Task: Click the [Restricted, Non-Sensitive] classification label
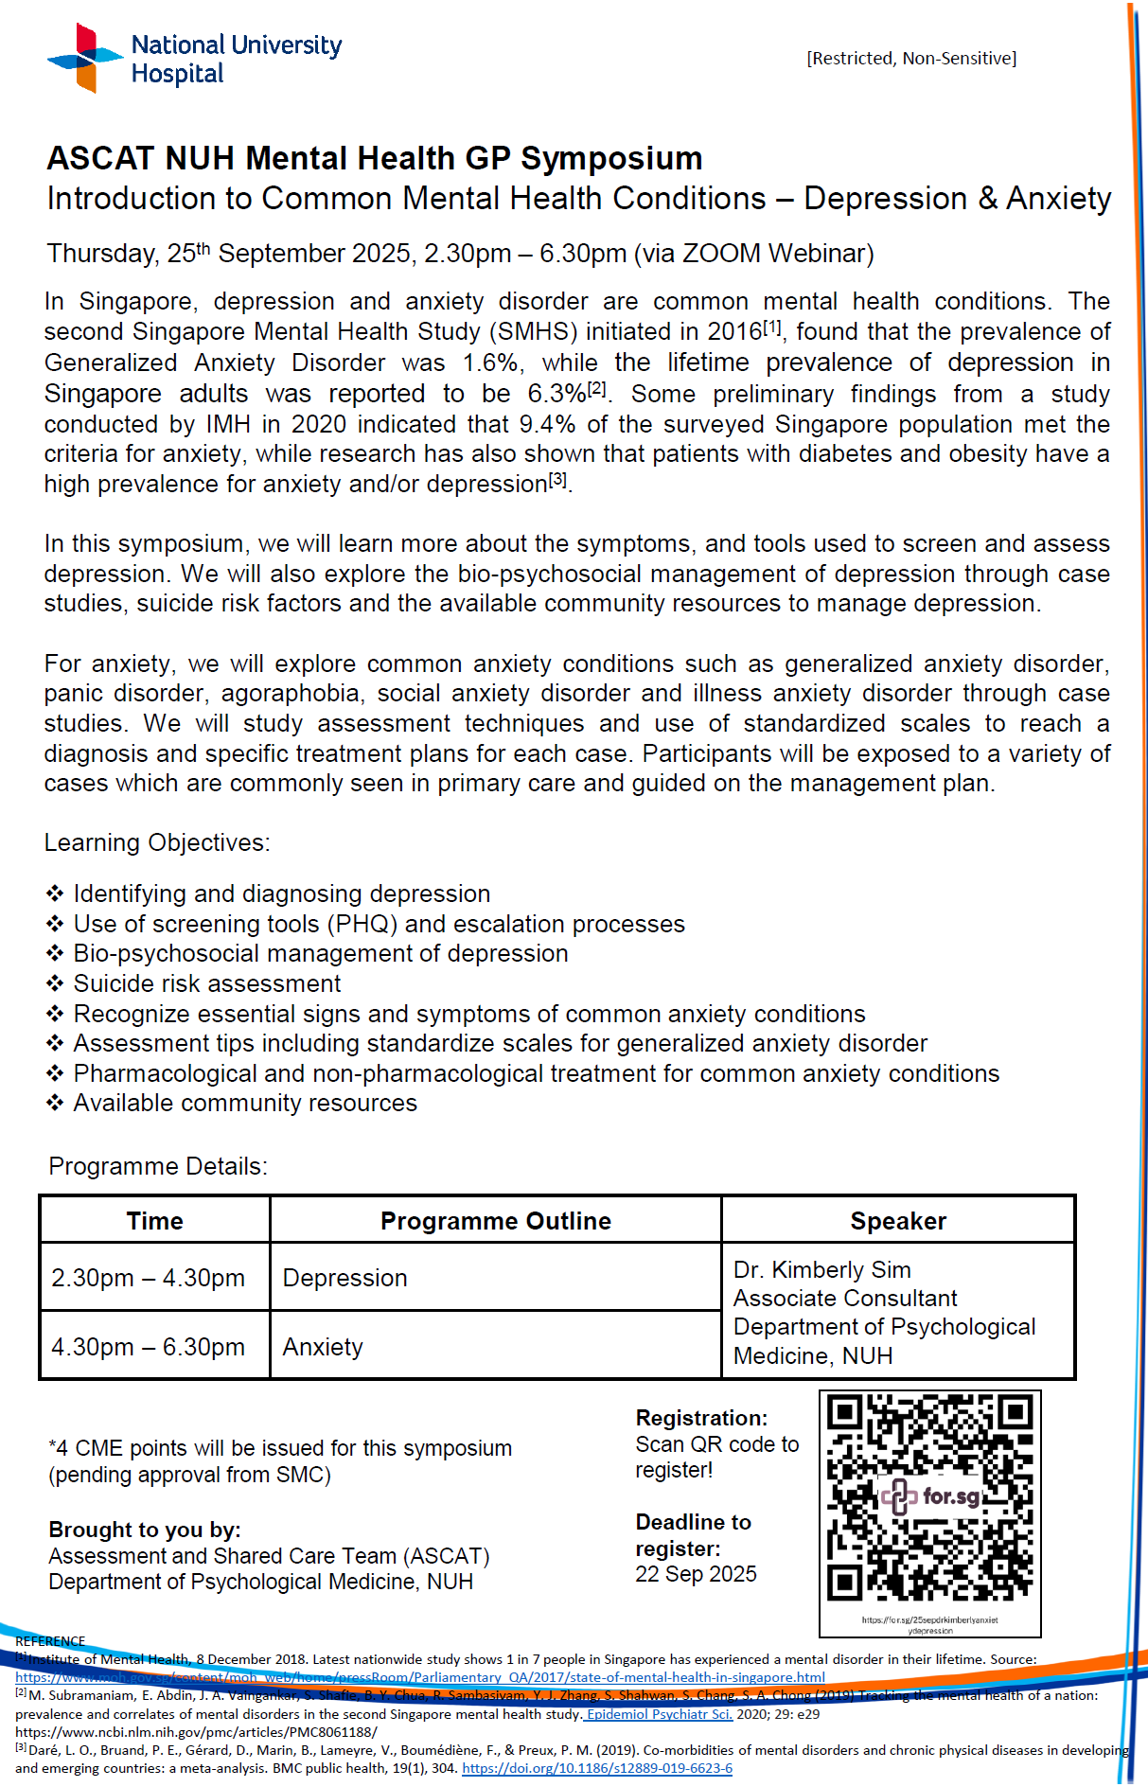click(x=911, y=59)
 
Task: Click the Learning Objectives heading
click(x=157, y=842)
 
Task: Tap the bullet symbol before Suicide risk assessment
click(x=56, y=983)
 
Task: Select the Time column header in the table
click(x=154, y=1221)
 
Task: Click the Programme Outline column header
click(x=495, y=1221)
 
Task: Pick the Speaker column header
click(x=897, y=1221)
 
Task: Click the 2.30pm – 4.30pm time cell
click(x=148, y=1278)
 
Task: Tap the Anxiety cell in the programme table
click(x=323, y=1347)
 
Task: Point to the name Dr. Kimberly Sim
click(x=821, y=1269)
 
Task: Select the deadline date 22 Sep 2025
click(x=696, y=1574)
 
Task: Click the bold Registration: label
click(x=701, y=1418)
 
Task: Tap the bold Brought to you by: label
click(x=145, y=1530)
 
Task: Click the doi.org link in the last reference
click(x=596, y=1768)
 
